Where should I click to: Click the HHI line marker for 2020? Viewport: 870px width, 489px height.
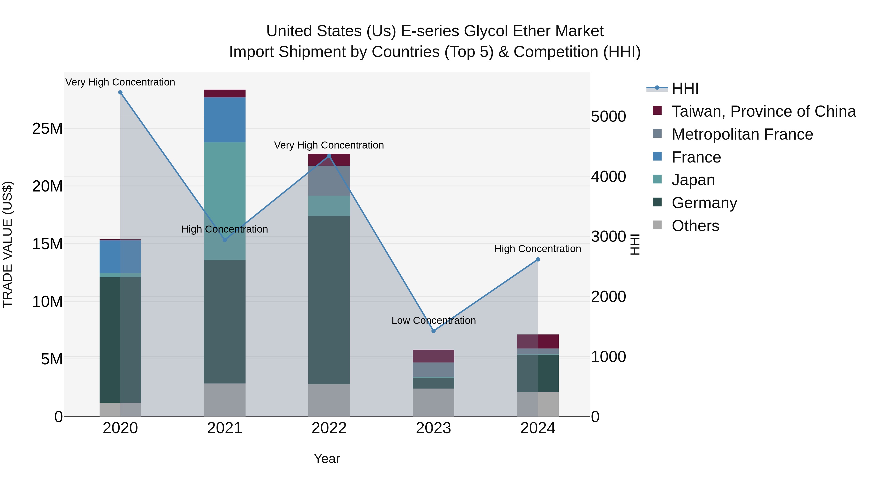coord(120,92)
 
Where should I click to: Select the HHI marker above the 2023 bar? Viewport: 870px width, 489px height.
coord(434,331)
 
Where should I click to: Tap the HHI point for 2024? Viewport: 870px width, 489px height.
coord(538,260)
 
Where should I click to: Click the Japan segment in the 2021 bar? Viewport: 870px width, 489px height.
coord(225,201)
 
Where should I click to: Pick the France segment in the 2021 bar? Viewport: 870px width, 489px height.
coord(225,120)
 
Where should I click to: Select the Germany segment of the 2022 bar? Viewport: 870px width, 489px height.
coord(329,300)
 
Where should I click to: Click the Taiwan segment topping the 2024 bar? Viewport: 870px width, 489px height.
coord(538,341)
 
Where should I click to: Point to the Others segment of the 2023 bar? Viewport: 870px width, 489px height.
coord(434,402)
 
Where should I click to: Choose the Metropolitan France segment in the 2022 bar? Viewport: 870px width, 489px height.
coord(329,181)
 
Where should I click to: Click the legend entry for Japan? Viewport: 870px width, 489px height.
coord(693,180)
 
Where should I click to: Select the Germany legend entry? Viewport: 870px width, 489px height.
coord(704,203)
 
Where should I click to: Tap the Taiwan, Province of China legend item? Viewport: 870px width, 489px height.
coord(763,111)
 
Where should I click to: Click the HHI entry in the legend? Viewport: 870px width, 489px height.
coord(685,88)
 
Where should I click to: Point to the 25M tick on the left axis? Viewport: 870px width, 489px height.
coord(47,128)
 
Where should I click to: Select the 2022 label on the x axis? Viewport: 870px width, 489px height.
coord(329,428)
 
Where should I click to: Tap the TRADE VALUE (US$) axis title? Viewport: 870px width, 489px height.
coord(7,244)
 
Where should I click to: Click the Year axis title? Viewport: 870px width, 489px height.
coord(326,459)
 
